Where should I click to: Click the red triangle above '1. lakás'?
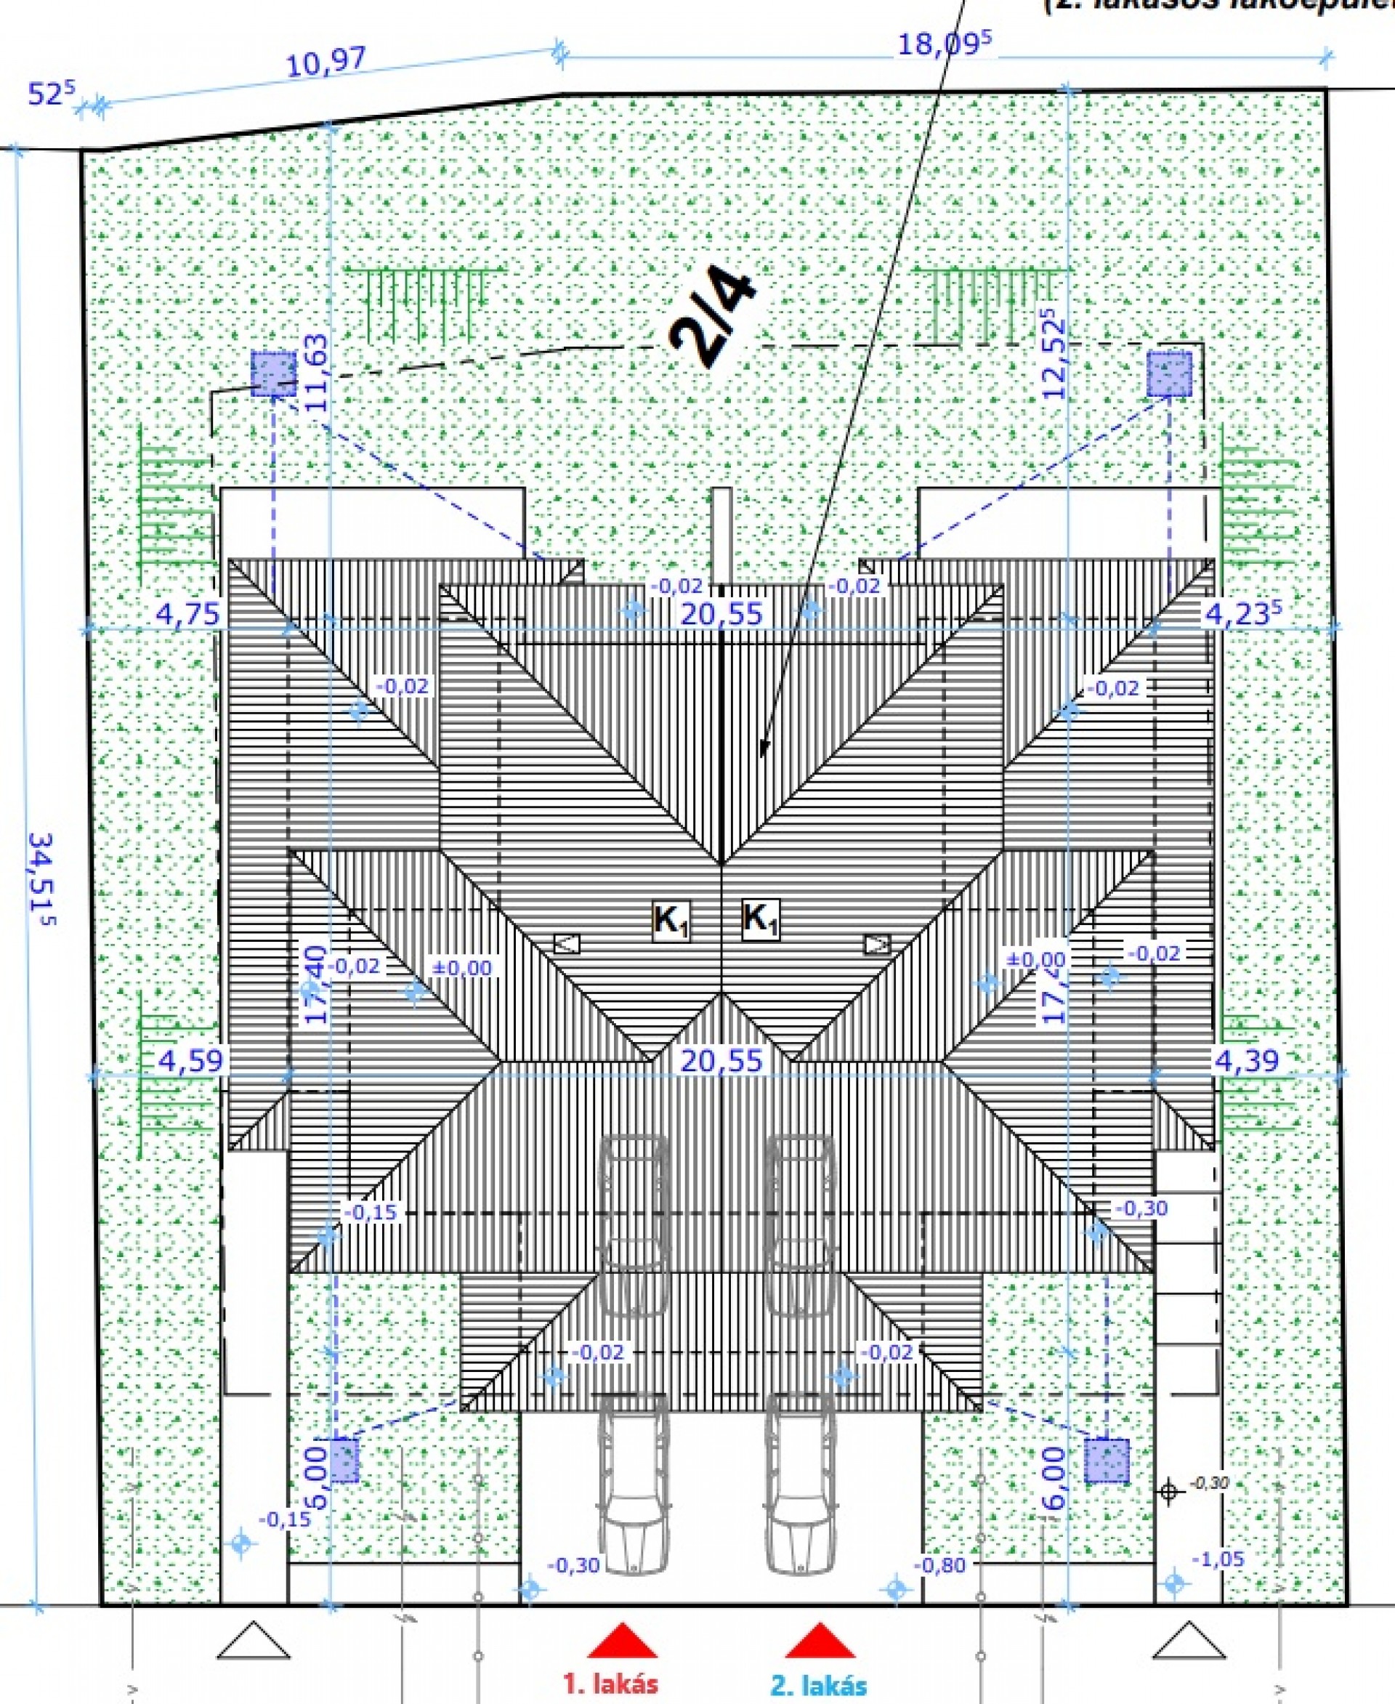pos(622,1642)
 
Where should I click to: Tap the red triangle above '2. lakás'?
pos(819,1642)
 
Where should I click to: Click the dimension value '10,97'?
pos(325,62)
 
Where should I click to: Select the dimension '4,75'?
pos(187,614)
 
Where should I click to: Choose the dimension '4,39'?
pos(1245,1061)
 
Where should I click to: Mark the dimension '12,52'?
pos(1054,355)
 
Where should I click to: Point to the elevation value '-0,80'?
pos(939,1565)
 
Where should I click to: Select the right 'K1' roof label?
pos(760,918)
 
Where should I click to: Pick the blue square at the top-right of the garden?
pos(1168,373)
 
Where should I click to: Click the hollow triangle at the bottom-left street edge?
pos(253,1641)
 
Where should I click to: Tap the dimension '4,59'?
pos(190,1061)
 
